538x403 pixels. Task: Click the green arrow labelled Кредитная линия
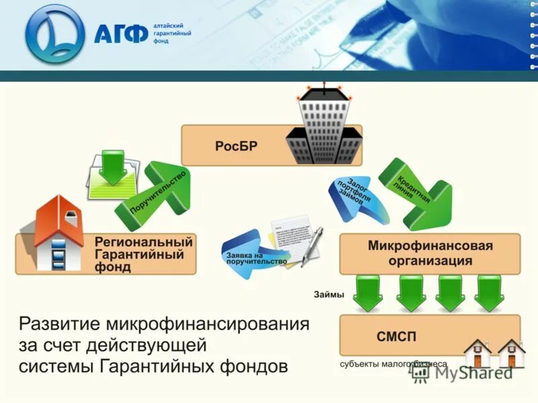414,194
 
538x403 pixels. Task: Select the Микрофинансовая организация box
430,253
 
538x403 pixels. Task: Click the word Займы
329,295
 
